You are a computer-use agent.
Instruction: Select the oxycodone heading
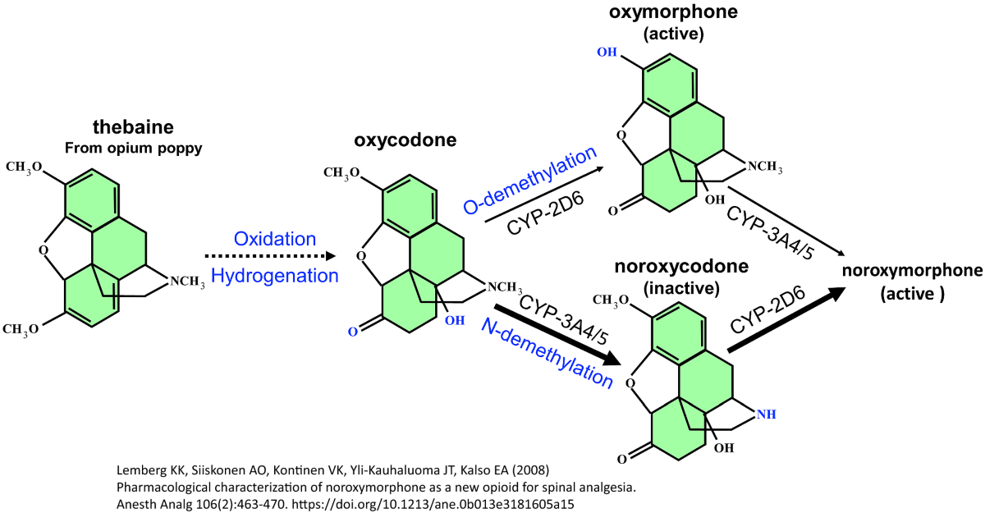(x=396, y=140)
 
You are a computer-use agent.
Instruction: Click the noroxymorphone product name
(x=910, y=271)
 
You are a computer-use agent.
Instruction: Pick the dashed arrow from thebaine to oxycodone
(x=274, y=256)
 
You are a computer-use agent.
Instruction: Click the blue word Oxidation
(x=275, y=239)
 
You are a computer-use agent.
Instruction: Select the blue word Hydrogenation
(x=275, y=276)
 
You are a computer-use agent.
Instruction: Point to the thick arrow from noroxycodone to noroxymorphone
(x=789, y=319)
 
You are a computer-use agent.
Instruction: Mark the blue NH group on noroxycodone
(x=765, y=415)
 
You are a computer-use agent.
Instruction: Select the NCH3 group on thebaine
(x=186, y=283)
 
